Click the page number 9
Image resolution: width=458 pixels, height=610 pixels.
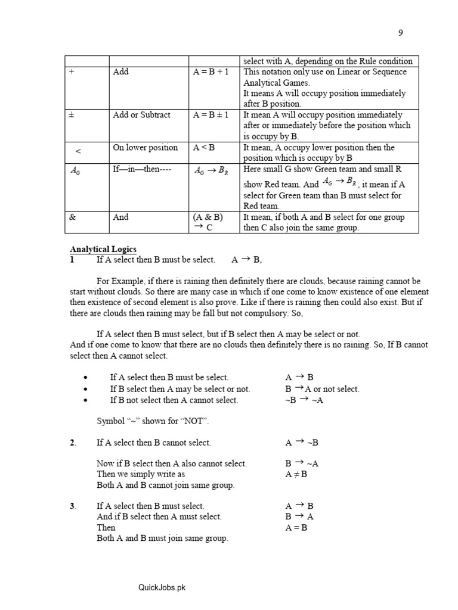(401, 33)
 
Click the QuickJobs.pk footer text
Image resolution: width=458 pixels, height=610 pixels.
(162, 587)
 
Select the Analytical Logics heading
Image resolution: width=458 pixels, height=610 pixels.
(103, 249)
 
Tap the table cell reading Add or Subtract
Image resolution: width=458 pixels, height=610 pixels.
(141, 115)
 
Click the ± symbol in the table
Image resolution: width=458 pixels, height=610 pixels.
(72, 115)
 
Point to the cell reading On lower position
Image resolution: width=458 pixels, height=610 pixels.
(145, 147)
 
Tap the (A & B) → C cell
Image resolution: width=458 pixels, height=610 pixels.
(208, 222)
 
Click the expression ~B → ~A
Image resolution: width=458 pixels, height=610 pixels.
(304, 400)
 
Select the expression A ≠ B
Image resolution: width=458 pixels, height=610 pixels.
(296, 474)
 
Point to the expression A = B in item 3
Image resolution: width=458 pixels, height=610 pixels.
(296, 527)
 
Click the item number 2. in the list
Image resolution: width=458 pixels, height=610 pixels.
(73, 443)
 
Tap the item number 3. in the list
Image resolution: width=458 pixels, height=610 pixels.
(73, 506)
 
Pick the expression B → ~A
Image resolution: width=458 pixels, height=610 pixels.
(302, 463)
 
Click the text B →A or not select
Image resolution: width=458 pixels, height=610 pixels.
(322, 389)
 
